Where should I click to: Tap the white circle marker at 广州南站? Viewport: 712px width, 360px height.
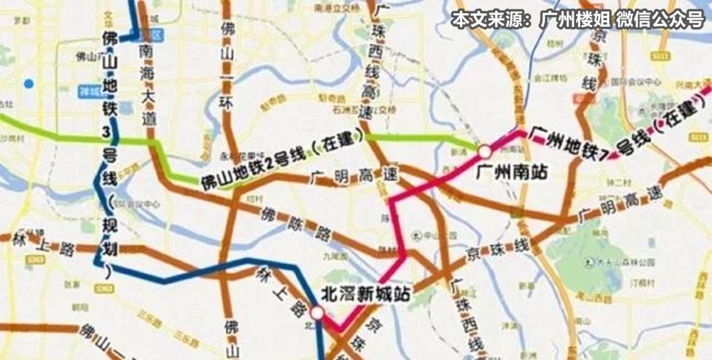click(x=485, y=152)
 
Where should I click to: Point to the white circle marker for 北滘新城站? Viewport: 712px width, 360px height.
click(x=318, y=313)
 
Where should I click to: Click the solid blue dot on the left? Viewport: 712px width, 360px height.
click(x=28, y=84)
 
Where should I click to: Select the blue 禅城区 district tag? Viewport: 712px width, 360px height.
click(x=88, y=90)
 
